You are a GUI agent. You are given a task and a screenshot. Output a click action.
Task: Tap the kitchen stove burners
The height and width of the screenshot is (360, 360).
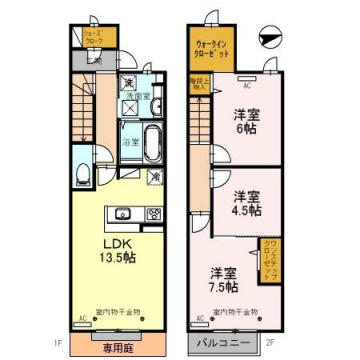[153, 213]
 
